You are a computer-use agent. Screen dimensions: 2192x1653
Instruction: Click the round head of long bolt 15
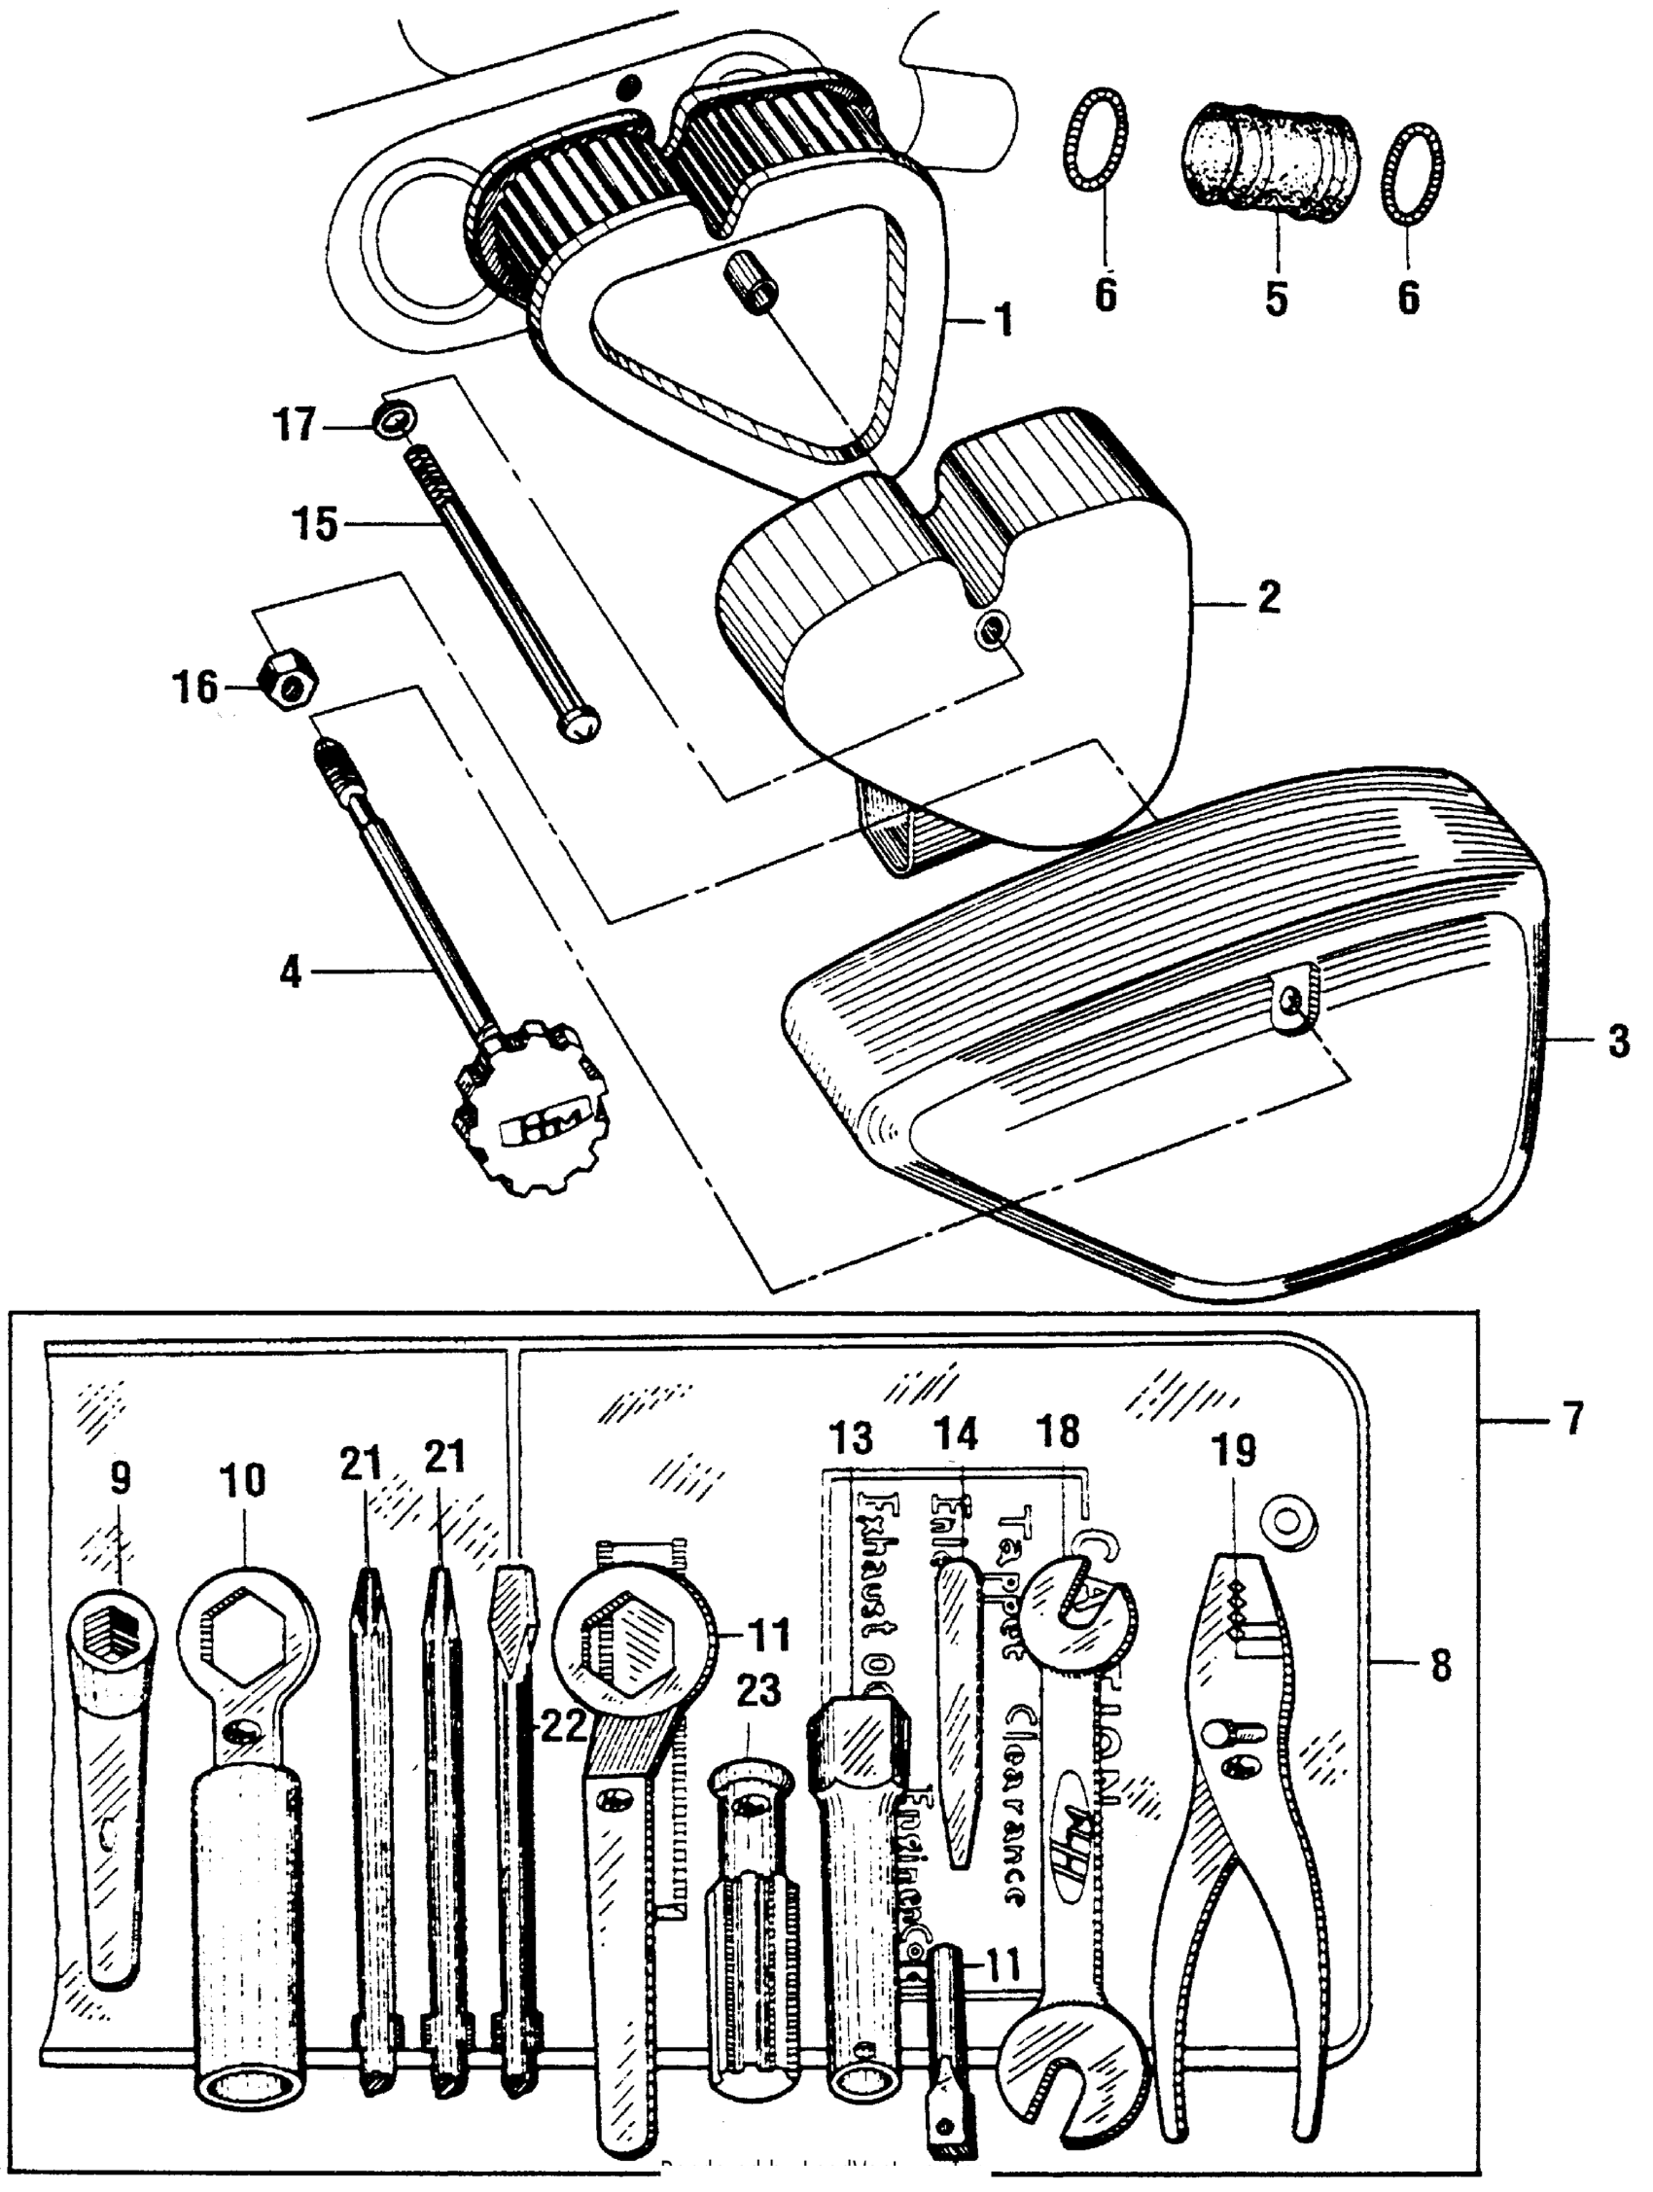coord(579,726)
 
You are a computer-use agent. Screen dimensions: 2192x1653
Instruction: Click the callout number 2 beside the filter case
coord(1269,597)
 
